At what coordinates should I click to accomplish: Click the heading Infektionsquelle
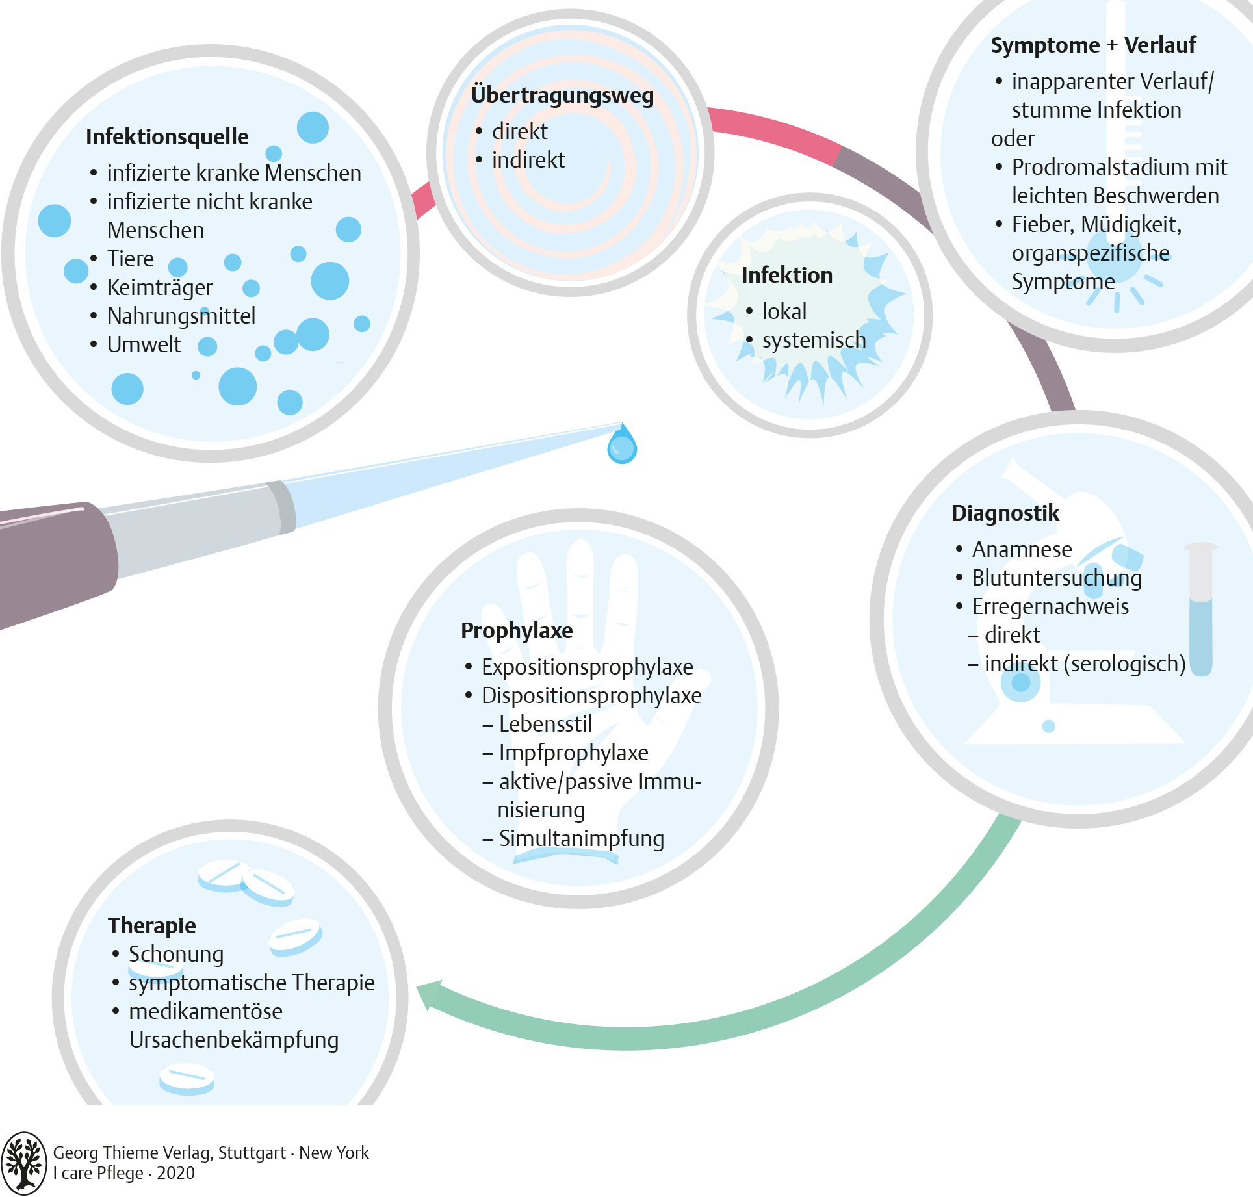pyautogui.click(x=167, y=137)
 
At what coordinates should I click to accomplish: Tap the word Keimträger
pyautogui.click(x=160, y=287)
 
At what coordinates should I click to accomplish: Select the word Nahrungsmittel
pyautogui.click(x=181, y=316)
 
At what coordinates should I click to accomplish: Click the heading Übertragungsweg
pyautogui.click(x=562, y=96)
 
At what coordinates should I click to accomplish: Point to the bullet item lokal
pyautogui.click(x=784, y=311)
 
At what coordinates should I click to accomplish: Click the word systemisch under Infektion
pyautogui.click(x=814, y=340)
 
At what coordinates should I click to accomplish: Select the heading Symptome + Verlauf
pyautogui.click(x=1093, y=45)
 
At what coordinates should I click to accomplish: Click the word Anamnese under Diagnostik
pyautogui.click(x=1022, y=550)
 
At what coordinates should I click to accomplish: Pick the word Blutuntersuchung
pyautogui.click(x=1057, y=578)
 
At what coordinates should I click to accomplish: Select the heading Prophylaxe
pyautogui.click(x=517, y=631)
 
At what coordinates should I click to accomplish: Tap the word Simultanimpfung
pyautogui.click(x=581, y=839)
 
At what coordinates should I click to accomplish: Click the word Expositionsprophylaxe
pyautogui.click(x=587, y=667)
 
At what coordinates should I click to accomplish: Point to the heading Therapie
pyautogui.click(x=152, y=925)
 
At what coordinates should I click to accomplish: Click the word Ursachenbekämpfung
pyautogui.click(x=234, y=1040)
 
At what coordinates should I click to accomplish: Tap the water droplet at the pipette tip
pyautogui.click(x=622, y=445)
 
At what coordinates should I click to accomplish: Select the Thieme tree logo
pyautogui.click(x=24, y=1163)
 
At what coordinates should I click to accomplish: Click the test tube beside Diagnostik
pyautogui.click(x=1201, y=611)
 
